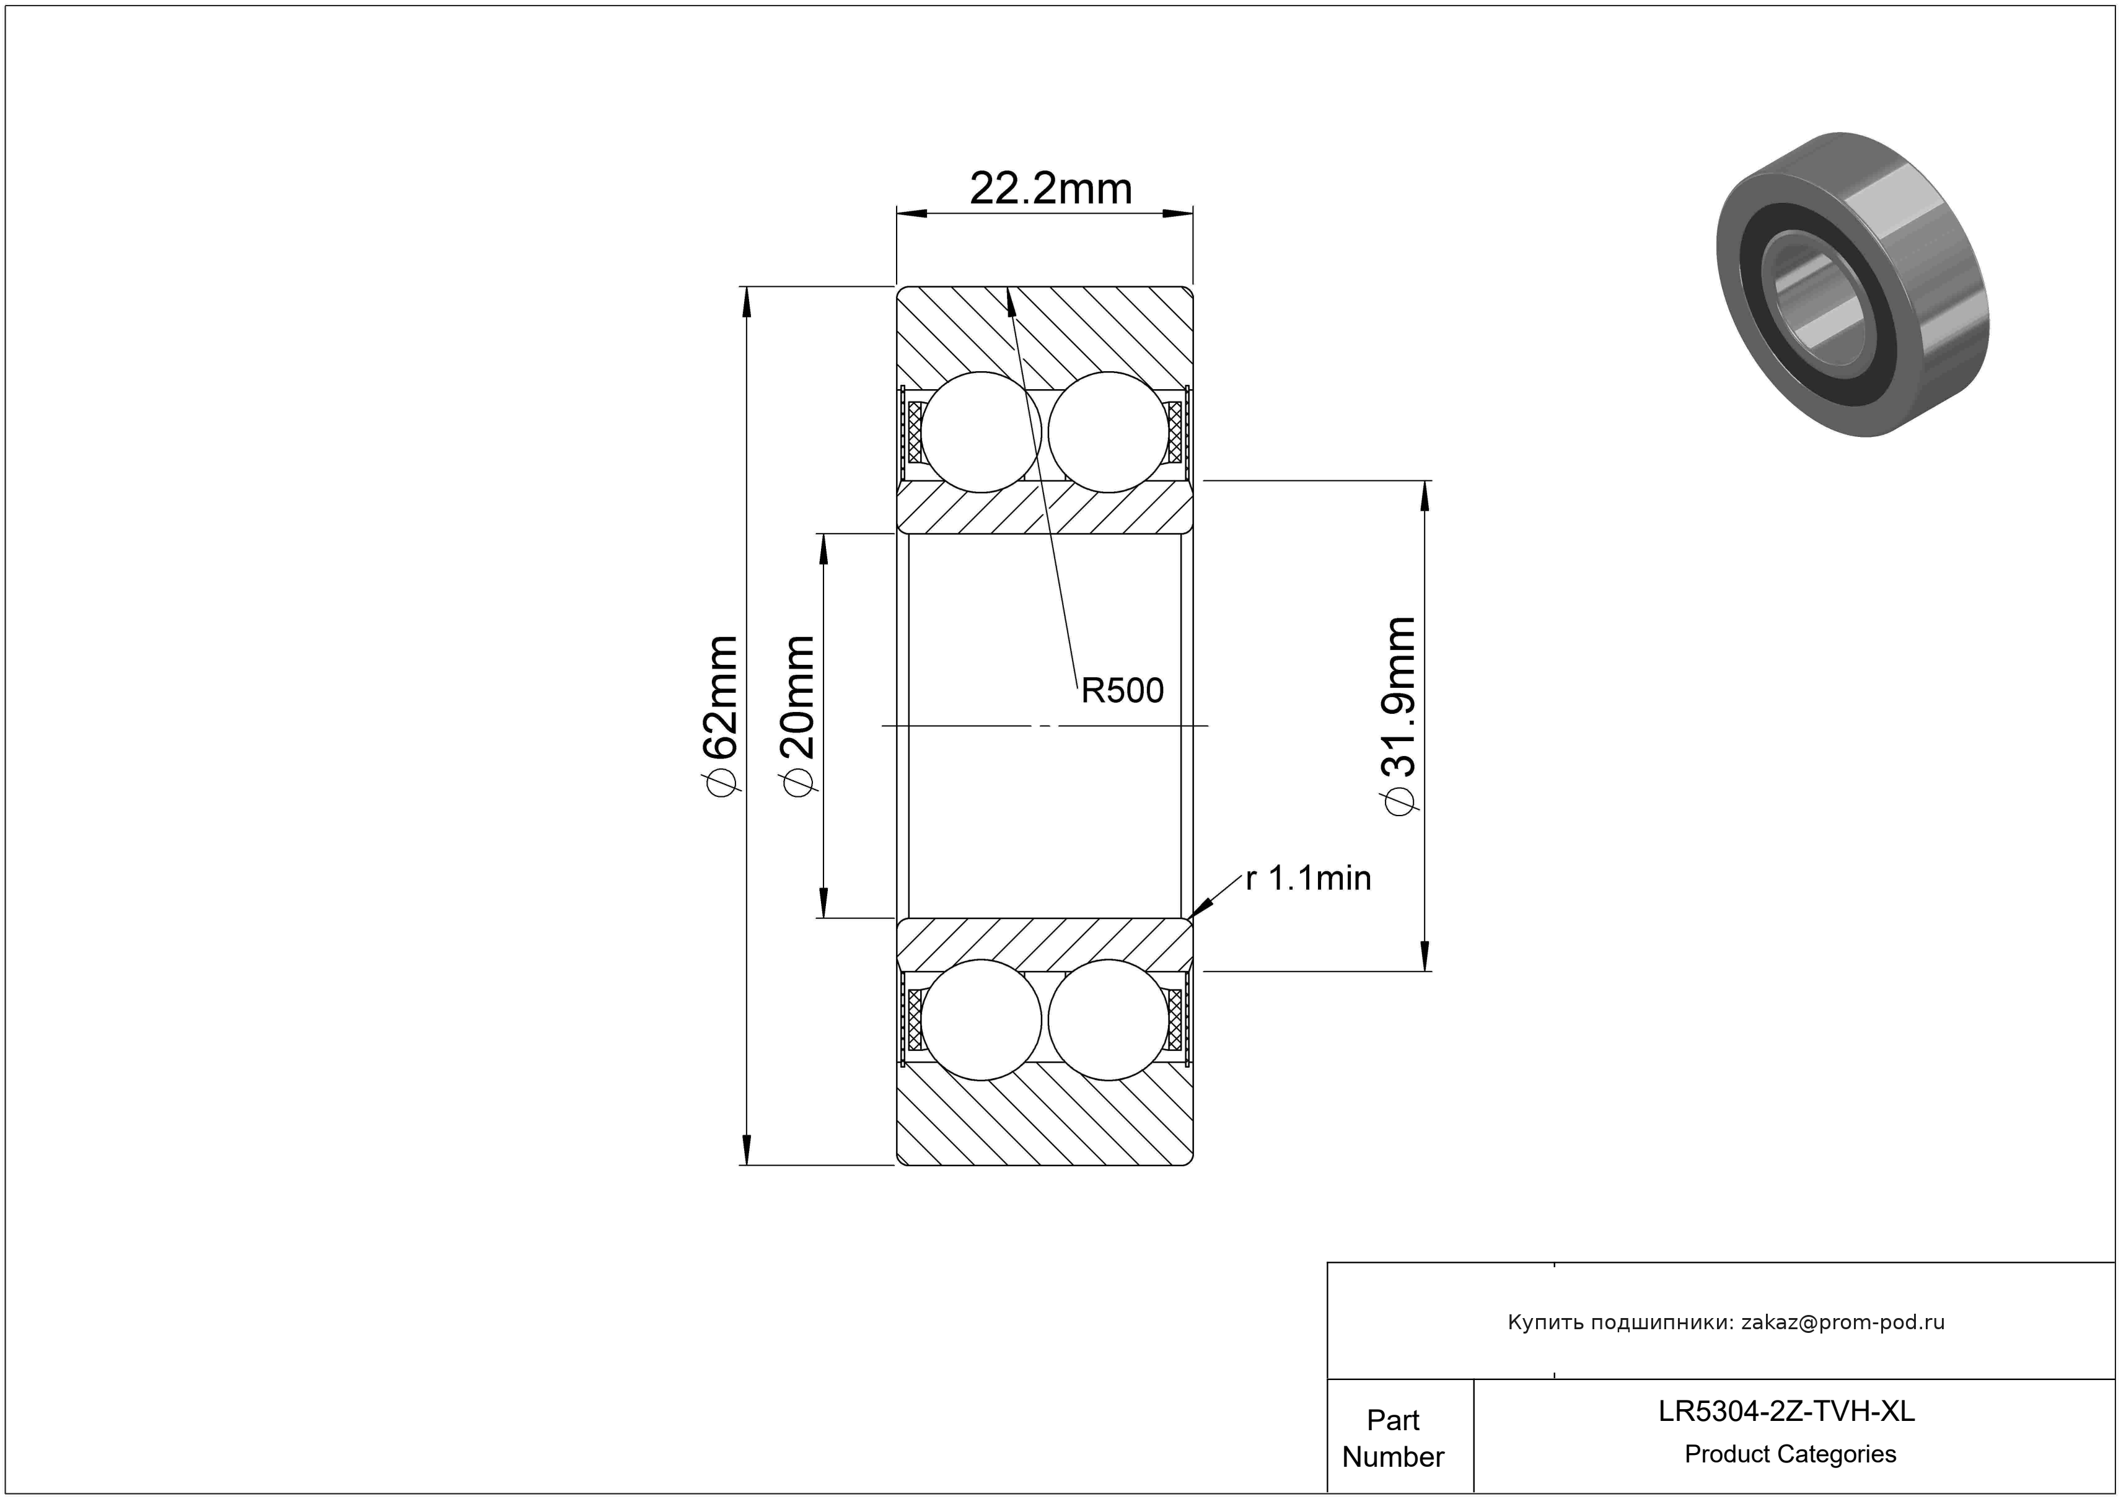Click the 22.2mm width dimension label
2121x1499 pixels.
[x=1050, y=190]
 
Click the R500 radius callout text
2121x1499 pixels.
[x=1122, y=690]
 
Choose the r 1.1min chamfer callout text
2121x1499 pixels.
[x=1308, y=877]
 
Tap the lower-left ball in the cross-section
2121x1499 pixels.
[x=981, y=1019]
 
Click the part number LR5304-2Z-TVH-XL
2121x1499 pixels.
[x=1786, y=1411]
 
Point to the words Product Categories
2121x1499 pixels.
[x=1790, y=1454]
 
